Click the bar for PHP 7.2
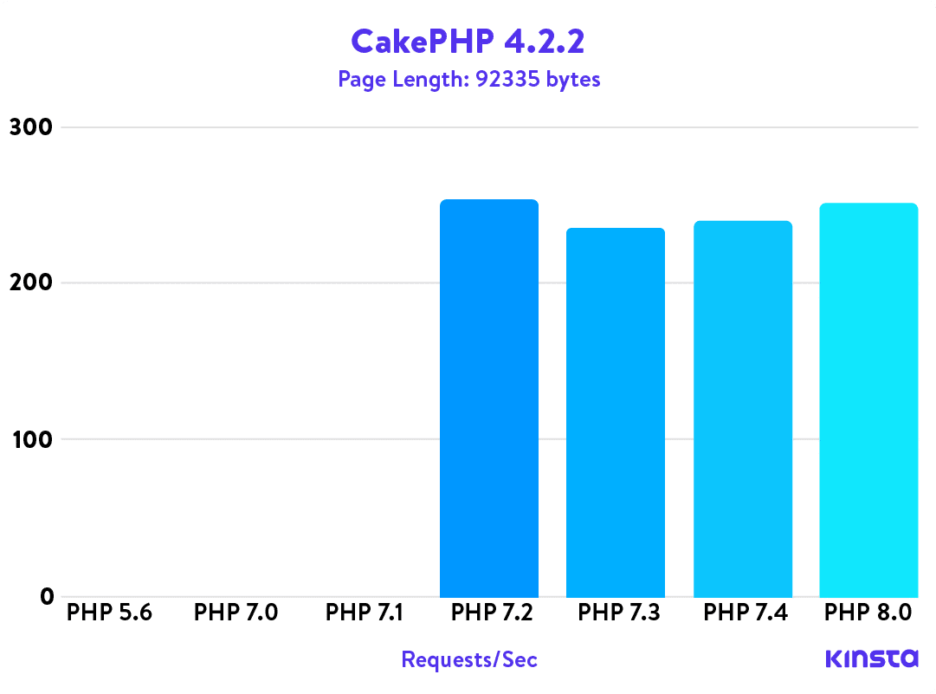point(489,399)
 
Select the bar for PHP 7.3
point(616,412)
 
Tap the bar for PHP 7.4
point(743,409)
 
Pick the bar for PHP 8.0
point(868,400)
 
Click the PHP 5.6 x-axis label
point(109,613)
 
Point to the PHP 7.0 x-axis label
point(236,613)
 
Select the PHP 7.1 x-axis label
point(364,613)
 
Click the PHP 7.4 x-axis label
point(745,613)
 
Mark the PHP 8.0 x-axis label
point(868,613)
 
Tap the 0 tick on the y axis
point(46,596)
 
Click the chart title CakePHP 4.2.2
point(468,40)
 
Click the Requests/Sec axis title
point(469,660)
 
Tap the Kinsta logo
point(871,658)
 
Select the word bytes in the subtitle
point(573,80)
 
